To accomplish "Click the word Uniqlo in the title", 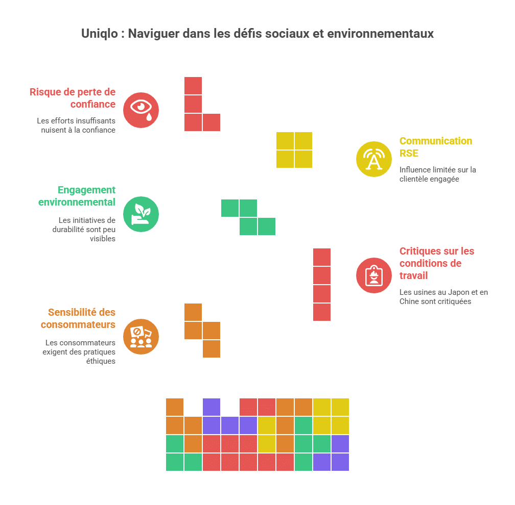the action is pos(100,34).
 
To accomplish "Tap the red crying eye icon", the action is pos(141,110).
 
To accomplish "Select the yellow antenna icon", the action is pos(374,159).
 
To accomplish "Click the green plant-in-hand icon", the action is pos(141,214).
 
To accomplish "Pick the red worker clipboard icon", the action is pos(374,275).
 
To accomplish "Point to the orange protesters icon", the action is pos(141,337).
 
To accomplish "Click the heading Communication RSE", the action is pos(435,147).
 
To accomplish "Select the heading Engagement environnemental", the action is pos(77,196).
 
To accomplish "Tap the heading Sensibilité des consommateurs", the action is pos(78,318).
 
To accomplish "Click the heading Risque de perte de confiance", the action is pos(73,98).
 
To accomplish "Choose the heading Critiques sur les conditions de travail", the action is pos(437,263).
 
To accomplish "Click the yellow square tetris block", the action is pos(294,150).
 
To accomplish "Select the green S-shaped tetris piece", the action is pos(248,217).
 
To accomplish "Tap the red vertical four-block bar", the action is pos(322,285).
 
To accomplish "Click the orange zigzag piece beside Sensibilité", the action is pos(202,331).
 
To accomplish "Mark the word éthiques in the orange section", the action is pos(101,361).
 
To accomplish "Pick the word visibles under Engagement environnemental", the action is pos(103,239).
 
